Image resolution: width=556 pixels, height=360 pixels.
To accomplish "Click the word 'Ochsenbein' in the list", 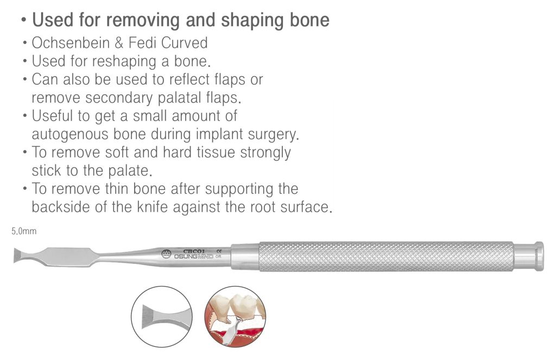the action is [71, 43].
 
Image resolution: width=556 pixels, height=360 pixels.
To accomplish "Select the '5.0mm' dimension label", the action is [24, 231].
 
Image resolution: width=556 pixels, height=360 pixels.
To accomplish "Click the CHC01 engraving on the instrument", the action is [194, 251].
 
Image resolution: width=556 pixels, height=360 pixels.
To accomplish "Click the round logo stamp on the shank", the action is [166, 254].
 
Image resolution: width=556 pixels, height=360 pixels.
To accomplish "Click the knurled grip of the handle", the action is [386, 256].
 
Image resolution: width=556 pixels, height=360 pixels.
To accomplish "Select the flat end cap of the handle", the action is [539, 256].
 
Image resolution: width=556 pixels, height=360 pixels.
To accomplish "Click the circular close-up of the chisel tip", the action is [162, 317].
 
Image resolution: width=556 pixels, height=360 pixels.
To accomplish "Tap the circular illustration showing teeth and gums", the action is [235, 317].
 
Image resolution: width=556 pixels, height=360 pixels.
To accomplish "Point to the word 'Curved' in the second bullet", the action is [185, 43].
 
